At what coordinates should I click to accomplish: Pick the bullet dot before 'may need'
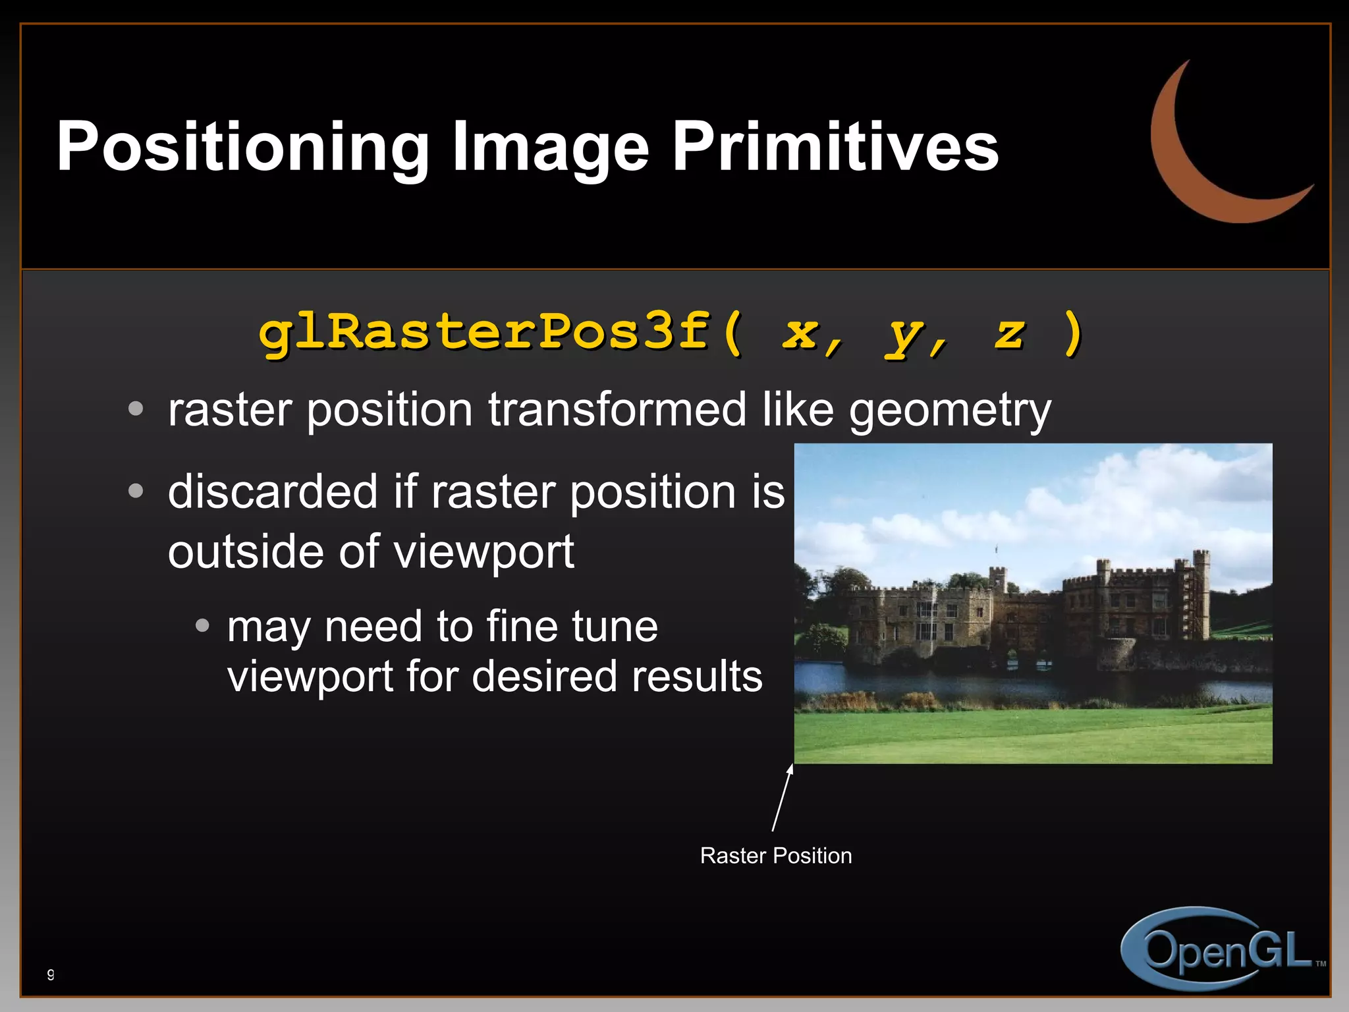pyautogui.click(x=203, y=625)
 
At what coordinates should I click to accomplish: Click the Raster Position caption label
pyautogui.click(x=775, y=855)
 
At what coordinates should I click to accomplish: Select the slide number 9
pyautogui.click(x=51, y=974)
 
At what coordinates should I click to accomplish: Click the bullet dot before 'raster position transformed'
pyautogui.click(x=136, y=409)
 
